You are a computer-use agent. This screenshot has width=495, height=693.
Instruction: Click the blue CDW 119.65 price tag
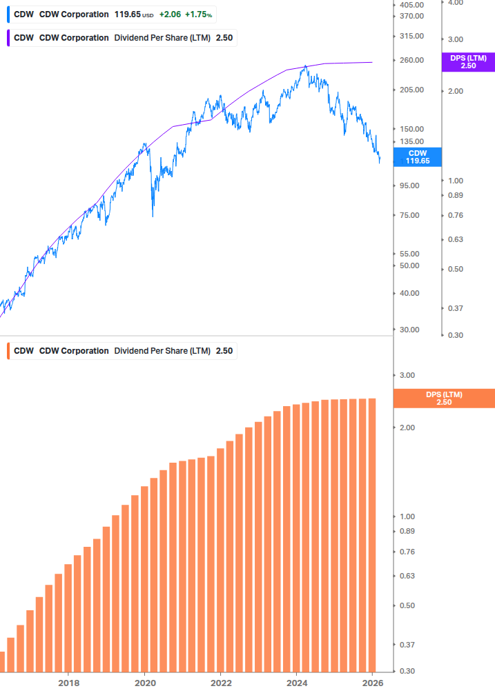pos(418,157)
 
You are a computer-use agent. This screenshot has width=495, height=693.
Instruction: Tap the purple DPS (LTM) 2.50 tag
pos(468,62)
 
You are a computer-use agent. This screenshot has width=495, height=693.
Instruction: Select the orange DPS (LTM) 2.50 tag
pos(443,398)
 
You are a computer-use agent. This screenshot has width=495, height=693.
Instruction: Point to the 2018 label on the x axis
pos(68,683)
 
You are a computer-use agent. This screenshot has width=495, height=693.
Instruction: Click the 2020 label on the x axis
pos(144,683)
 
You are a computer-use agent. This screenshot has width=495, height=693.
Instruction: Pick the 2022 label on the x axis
pos(220,683)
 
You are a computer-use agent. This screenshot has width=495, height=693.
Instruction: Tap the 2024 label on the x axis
pos(296,683)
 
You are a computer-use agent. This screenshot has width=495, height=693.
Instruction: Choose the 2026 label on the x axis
pos(372,683)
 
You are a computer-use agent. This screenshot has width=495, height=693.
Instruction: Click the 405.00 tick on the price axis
pos(411,4)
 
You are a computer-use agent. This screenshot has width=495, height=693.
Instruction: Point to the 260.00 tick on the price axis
pos(411,60)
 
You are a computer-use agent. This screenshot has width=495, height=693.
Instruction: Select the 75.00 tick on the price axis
pos(409,215)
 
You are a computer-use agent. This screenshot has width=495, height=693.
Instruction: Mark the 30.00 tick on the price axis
pos(409,330)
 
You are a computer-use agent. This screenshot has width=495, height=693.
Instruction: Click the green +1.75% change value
pos(198,14)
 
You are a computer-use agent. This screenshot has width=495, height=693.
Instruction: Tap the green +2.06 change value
pos(169,14)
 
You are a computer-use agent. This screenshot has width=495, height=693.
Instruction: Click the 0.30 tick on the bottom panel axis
pos(407,671)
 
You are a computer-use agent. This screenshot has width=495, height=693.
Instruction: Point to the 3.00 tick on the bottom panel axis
pos(407,376)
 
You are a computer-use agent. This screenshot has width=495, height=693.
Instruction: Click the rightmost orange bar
pos(371,534)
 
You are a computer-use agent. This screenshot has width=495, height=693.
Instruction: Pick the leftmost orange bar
pos(2,661)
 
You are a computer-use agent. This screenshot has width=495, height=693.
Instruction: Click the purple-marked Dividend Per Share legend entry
pos(121,38)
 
